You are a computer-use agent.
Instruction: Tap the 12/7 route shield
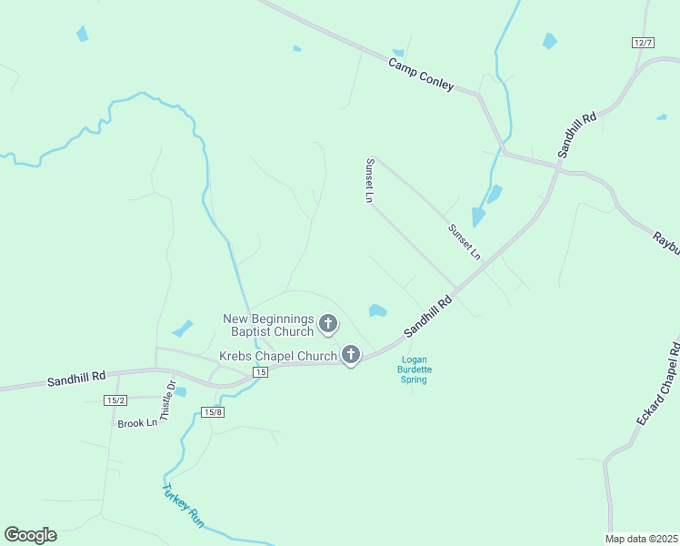[643, 43]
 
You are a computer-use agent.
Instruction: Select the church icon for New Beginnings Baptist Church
[328, 323]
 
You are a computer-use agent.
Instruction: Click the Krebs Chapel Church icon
[351, 355]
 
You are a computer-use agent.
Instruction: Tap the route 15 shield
[261, 372]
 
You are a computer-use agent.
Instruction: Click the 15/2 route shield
[115, 400]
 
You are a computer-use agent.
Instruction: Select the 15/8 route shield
[213, 412]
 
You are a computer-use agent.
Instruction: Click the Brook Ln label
[137, 423]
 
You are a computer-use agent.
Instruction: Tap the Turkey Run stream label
[182, 505]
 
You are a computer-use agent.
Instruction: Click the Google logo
[30, 535]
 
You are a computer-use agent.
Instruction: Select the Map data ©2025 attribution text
[641, 539]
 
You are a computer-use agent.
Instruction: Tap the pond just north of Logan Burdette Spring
[378, 311]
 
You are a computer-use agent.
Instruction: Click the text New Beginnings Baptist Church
[268, 324]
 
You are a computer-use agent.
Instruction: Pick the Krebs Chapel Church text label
[277, 356]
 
